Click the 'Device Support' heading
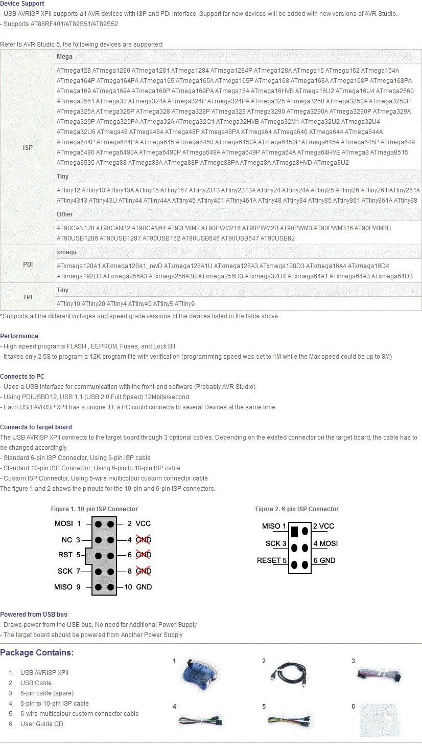pos(22,4)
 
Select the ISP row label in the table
pos(28,148)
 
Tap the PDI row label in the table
pos(28,265)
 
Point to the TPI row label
pos(28,297)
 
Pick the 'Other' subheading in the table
pos(65,214)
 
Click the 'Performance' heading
pos(19,336)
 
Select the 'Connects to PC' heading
pos(22,377)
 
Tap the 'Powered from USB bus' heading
pos(34,615)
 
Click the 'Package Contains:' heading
pos(37,653)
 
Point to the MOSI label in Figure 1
pos(64,523)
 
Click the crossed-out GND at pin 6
pos(144,555)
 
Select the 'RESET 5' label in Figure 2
pos(272,560)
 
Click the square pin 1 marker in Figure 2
pos(295,531)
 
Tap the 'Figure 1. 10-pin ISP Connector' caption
pos(95,509)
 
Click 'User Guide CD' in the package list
pos(42,724)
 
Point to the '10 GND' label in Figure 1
pos(138,587)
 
